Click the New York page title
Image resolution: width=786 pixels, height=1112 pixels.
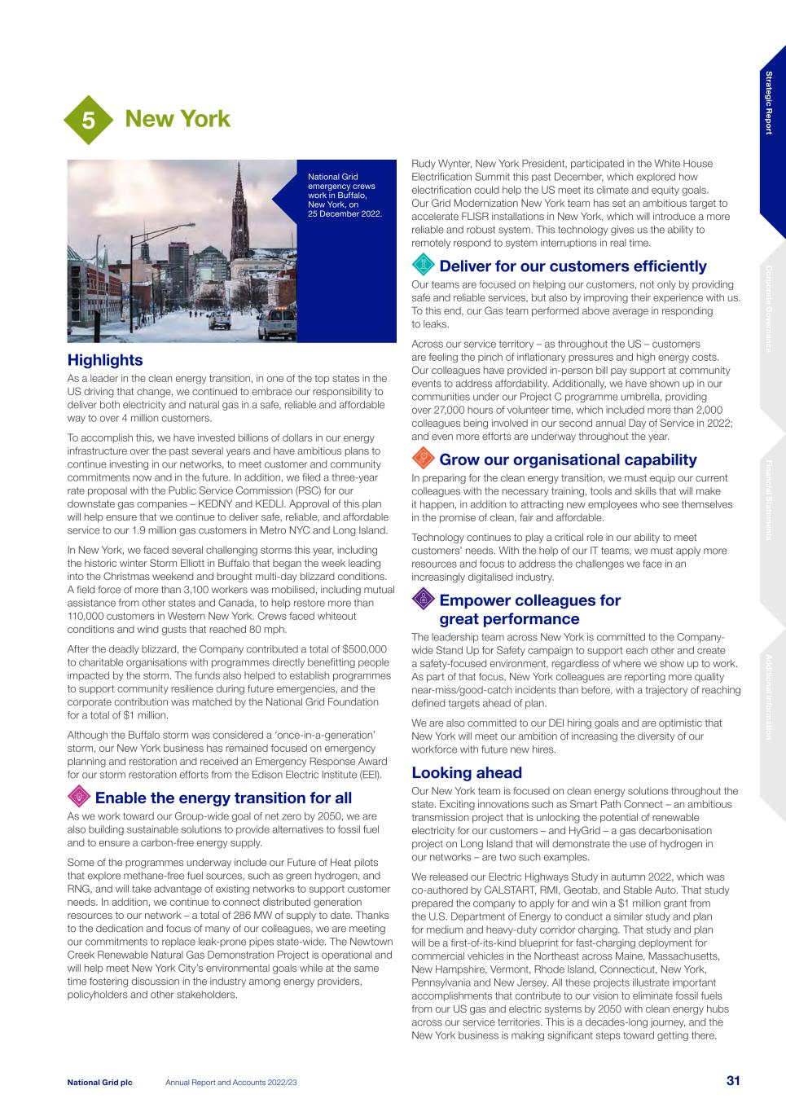click(x=178, y=119)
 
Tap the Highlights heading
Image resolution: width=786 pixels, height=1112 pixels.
click(x=105, y=360)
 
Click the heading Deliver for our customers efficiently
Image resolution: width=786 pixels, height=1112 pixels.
click(x=573, y=266)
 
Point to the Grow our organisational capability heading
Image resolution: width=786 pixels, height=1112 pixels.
click(x=568, y=459)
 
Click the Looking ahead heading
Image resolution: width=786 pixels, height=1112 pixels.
click(x=467, y=772)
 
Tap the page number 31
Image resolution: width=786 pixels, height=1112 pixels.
click(x=733, y=1081)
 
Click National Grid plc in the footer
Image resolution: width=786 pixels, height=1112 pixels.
click(x=99, y=1082)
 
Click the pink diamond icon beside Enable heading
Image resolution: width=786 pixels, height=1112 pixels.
click(x=79, y=796)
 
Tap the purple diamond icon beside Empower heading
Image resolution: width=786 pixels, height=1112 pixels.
click(x=423, y=600)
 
